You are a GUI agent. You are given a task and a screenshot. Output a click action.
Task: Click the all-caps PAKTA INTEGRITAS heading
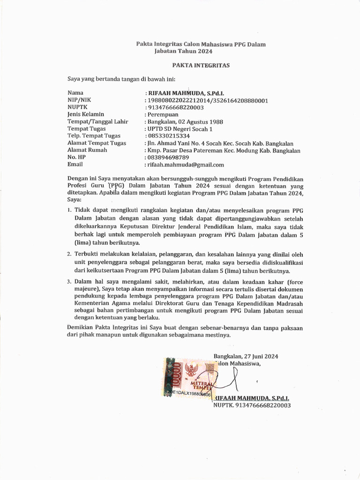pos(200,66)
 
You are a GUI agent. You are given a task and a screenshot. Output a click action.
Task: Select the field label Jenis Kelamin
pos(86,114)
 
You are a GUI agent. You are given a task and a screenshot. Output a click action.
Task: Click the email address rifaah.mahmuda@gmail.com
pos(186,165)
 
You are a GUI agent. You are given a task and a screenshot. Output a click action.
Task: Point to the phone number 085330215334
pos(169,136)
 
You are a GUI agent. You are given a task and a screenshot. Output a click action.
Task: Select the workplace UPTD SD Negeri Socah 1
pos(180,129)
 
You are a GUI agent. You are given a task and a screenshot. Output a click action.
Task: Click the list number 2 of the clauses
pos(69,254)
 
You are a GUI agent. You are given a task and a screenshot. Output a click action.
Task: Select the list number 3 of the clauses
pos(69,282)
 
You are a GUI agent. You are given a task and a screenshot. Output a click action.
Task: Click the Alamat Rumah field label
pos(87,150)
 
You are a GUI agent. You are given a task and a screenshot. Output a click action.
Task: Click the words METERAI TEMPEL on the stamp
pos(201,385)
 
